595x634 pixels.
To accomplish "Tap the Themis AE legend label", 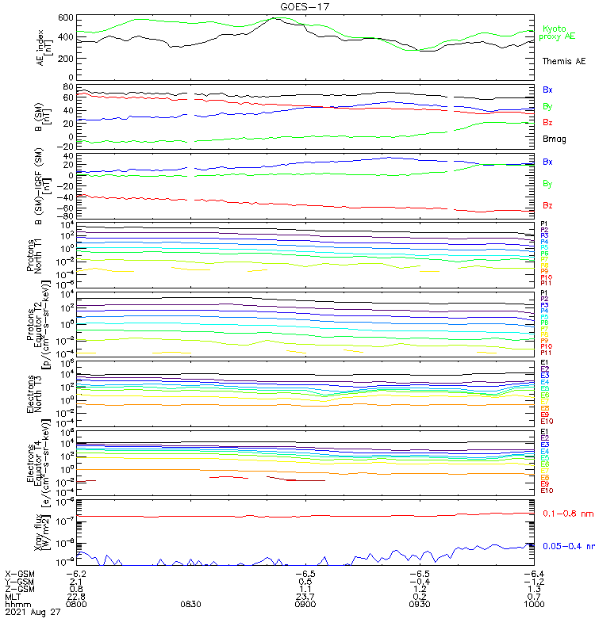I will (x=563, y=61).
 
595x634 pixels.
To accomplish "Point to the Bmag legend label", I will (x=553, y=139).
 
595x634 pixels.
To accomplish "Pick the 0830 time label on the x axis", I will (x=190, y=603).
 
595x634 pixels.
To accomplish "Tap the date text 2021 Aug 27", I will (x=33, y=612).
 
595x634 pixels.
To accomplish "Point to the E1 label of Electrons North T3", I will (x=544, y=363).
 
